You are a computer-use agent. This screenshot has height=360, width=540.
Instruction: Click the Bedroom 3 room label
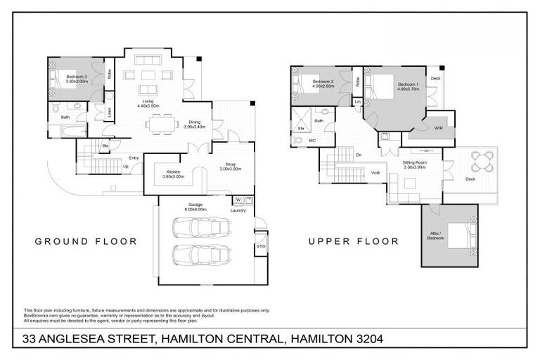77,76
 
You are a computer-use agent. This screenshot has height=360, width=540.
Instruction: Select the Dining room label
193,122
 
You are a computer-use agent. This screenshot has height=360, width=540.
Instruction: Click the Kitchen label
174,172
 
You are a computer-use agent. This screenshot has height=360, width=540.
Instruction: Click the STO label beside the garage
261,247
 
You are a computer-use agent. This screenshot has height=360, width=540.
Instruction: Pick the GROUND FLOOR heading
86,241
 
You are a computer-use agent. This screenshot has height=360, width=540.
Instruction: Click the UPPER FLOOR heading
354,241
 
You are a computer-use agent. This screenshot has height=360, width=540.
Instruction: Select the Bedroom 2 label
322,82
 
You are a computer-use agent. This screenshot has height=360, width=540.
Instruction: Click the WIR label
439,129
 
